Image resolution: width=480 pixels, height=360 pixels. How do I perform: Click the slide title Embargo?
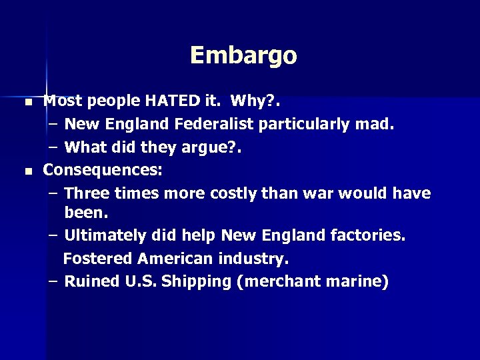click(x=243, y=55)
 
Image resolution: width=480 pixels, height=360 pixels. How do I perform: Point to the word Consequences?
click(x=101, y=170)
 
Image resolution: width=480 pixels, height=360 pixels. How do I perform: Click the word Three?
click(x=87, y=193)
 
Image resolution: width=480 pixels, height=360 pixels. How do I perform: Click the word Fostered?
click(x=99, y=258)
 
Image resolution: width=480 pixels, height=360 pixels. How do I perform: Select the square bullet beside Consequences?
click(x=27, y=172)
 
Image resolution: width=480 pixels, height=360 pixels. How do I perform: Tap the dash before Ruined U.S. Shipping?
click(x=53, y=281)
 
